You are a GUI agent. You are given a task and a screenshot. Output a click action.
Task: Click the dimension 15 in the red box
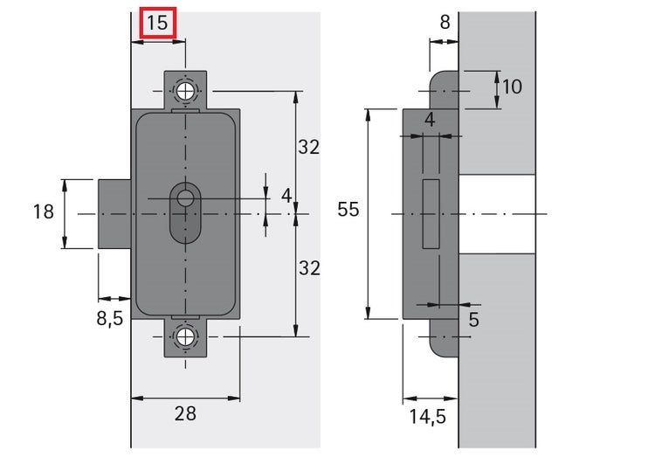pyautogui.click(x=157, y=23)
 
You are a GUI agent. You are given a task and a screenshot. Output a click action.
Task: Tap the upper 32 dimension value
pyautogui.click(x=308, y=148)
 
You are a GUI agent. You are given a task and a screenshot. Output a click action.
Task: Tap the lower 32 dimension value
pyautogui.click(x=308, y=269)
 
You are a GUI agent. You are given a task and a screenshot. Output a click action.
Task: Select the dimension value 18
pyautogui.click(x=43, y=211)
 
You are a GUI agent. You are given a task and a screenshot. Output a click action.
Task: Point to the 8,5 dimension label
pyautogui.click(x=109, y=318)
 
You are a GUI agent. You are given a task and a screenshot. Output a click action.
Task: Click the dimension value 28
pyautogui.click(x=184, y=413)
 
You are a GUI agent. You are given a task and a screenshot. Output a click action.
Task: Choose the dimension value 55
pyautogui.click(x=348, y=210)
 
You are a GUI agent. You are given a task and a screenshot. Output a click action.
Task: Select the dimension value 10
pyautogui.click(x=513, y=87)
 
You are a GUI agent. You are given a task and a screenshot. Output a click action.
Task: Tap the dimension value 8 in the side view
pyautogui.click(x=445, y=23)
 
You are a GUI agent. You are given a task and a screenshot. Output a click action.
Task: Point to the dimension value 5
pyautogui.click(x=473, y=320)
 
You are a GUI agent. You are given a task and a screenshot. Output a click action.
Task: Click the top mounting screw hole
pyautogui.click(x=185, y=91)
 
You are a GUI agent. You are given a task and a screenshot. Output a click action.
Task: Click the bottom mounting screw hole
pyautogui.click(x=185, y=337)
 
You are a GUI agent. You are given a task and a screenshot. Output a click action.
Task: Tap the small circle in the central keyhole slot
pyautogui.click(x=185, y=198)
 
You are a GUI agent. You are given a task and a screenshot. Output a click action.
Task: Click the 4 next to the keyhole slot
pyautogui.click(x=286, y=196)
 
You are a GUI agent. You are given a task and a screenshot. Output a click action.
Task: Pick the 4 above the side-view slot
pyautogui.click(x=429, y=119)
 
